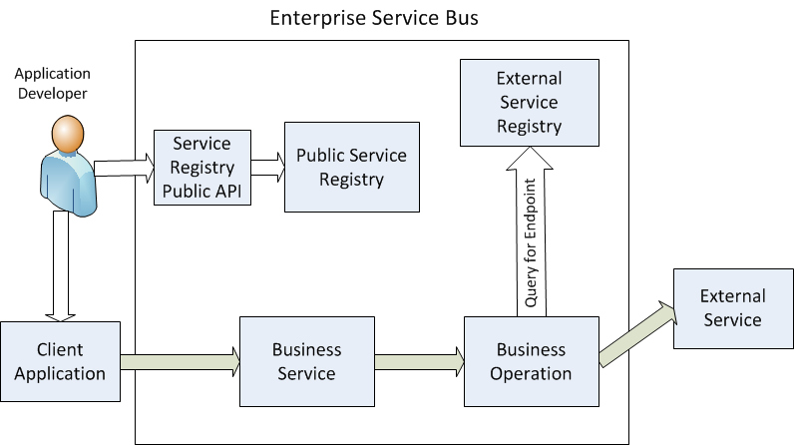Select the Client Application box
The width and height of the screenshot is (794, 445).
60,362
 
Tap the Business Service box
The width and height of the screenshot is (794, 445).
306,362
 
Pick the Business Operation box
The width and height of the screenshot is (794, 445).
533,362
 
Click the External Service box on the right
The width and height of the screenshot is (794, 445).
732,308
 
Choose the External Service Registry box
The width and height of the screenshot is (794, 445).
529,103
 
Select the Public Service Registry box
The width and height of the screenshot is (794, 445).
351,168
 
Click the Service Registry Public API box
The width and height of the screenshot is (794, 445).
201,168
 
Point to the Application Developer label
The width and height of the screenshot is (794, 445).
52,84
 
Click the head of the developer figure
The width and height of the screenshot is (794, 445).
68,134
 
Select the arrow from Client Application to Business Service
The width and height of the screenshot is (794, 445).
180,361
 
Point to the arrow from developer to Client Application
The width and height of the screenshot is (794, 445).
61,264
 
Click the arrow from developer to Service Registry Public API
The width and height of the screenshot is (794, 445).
126,166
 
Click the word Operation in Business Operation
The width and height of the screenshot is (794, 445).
533,374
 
